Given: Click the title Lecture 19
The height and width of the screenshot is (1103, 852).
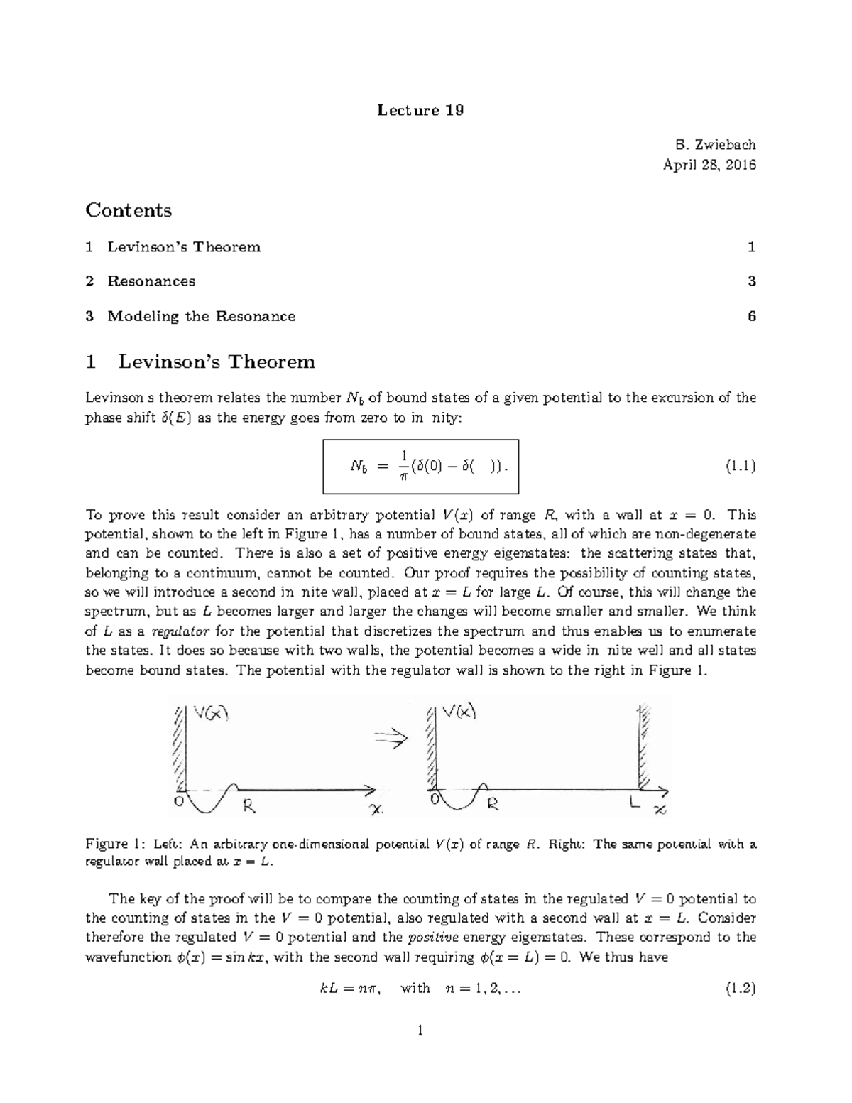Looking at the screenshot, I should click(420, 110).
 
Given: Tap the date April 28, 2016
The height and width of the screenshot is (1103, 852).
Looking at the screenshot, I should click(709, 165).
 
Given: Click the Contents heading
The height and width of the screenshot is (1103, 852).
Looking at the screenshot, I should click(129, 210).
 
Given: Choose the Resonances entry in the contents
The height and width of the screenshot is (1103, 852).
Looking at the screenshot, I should click(151, 281).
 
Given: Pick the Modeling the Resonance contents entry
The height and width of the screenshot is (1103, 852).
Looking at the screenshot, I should click(201, 316).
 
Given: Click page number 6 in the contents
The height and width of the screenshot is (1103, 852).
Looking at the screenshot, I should click(751, 316).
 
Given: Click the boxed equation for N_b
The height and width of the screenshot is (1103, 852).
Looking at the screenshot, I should click(421, 467).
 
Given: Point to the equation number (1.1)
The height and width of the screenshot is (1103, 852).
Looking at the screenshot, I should click(740, 467).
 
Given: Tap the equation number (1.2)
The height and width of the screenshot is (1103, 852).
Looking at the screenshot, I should click(740, 988).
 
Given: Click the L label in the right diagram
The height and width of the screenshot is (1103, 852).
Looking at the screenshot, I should click(635, 803).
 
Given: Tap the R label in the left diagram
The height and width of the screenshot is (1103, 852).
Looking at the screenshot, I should click(249, 805).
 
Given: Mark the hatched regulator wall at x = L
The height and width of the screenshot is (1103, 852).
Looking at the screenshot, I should click(643, 746).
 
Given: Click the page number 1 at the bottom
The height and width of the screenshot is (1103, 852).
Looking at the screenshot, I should click(420, 1031).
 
